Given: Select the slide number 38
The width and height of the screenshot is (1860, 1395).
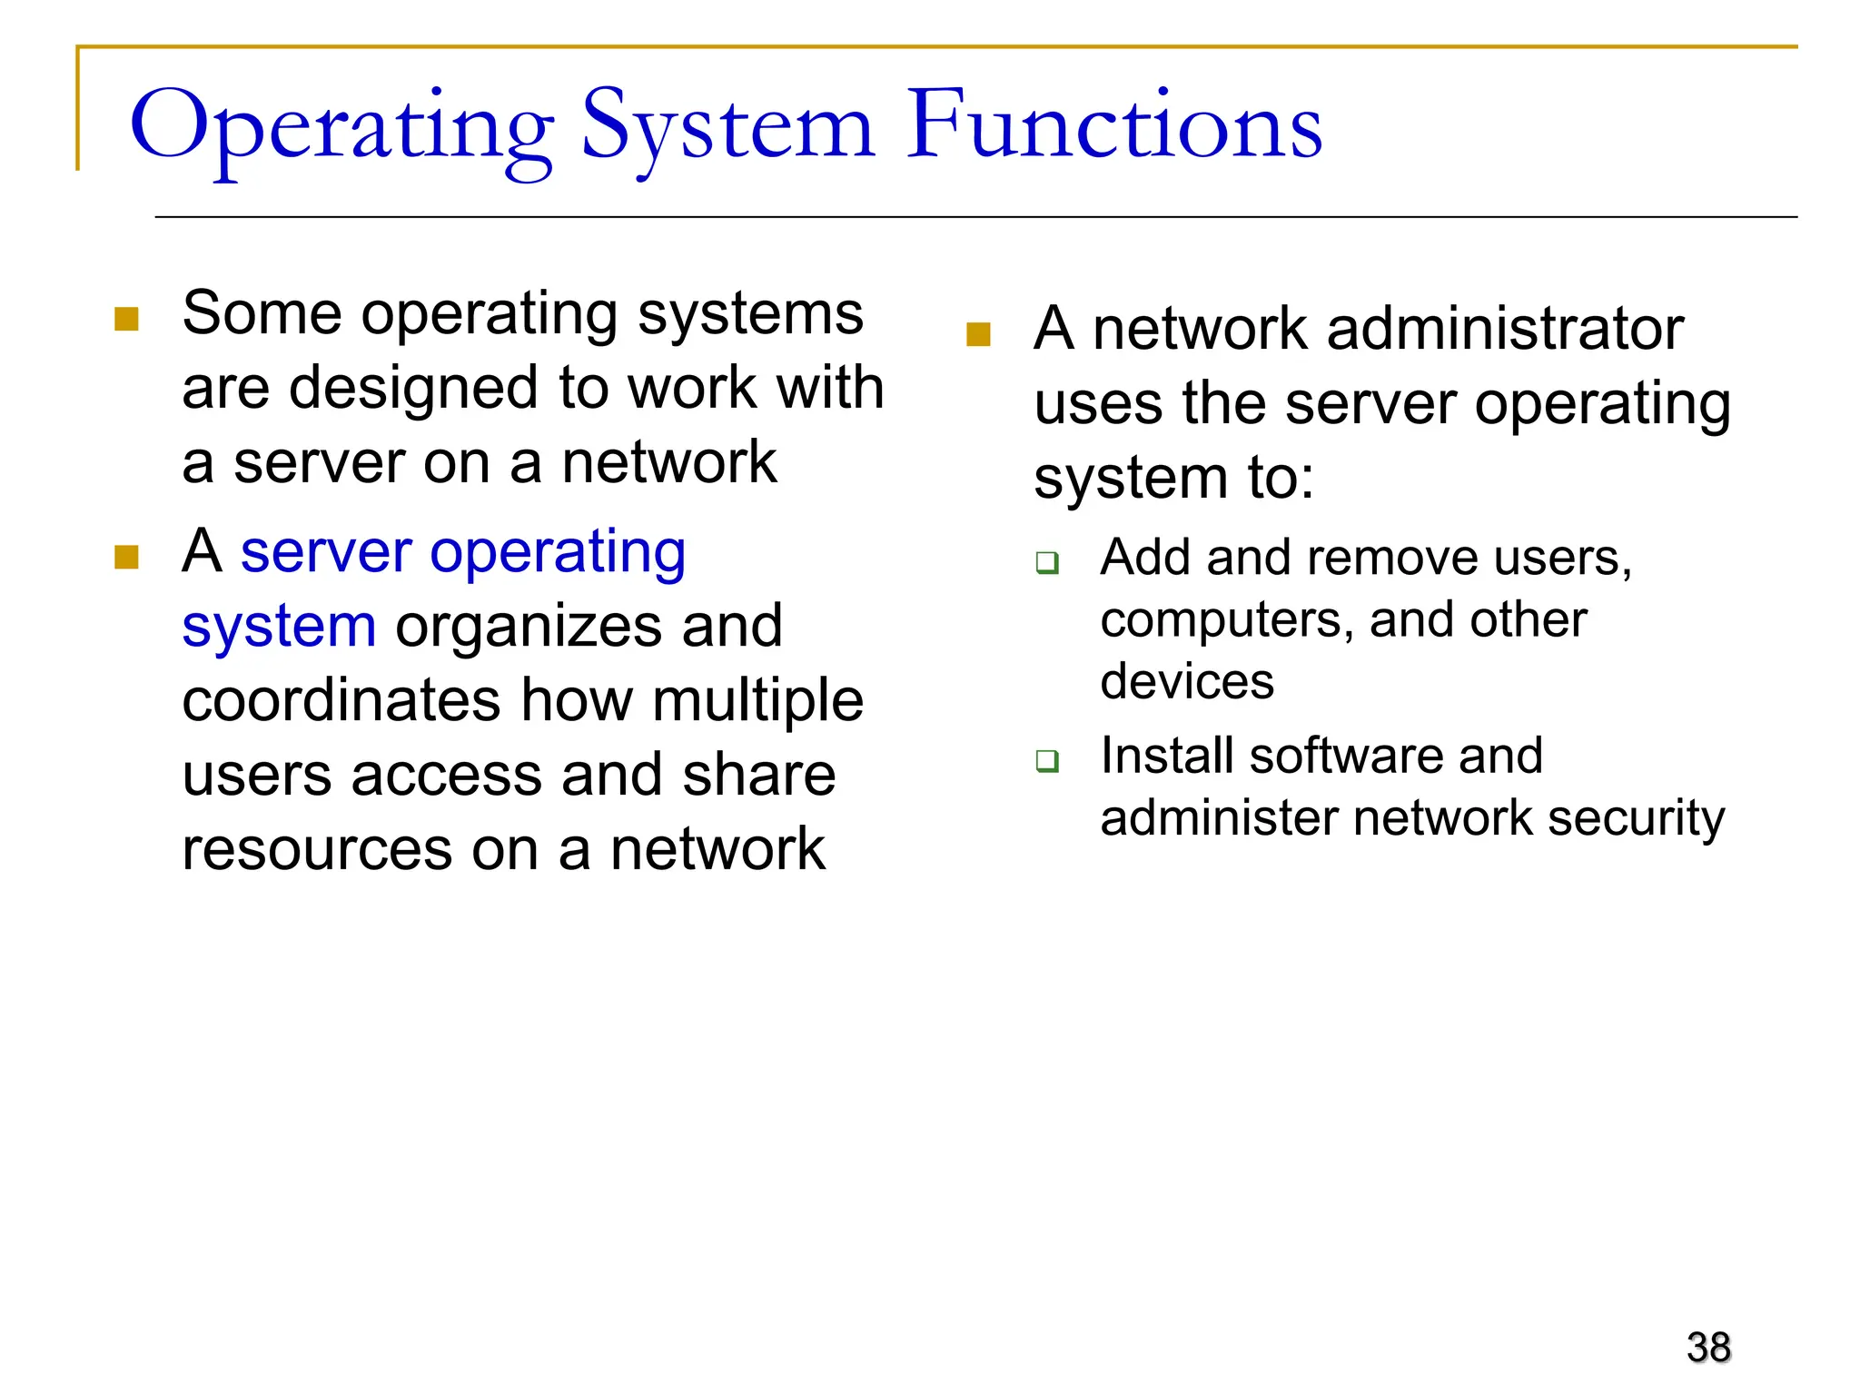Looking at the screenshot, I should coord(1708,1347).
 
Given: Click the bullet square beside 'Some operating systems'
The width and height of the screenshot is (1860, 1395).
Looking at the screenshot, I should coord(126,319).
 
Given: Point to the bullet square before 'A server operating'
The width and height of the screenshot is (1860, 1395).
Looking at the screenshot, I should coord(126,557).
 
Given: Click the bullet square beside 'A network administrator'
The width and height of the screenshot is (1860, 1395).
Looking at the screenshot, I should coord(978,335).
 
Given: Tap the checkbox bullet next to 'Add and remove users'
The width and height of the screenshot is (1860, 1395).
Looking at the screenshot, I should coord(1047,563).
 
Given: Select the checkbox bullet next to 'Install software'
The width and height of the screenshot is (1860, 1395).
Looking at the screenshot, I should coord(1047,761).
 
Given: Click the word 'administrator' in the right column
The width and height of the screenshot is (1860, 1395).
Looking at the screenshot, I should coord(1505,329).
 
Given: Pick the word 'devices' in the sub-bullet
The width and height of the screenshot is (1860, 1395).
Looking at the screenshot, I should coord(1187,681).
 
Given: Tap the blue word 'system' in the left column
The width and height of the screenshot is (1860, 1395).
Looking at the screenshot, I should coord(279,628).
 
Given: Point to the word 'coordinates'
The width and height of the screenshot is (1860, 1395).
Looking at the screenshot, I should coord(341,701).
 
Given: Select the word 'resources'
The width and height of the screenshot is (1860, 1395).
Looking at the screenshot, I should coord(317,850).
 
